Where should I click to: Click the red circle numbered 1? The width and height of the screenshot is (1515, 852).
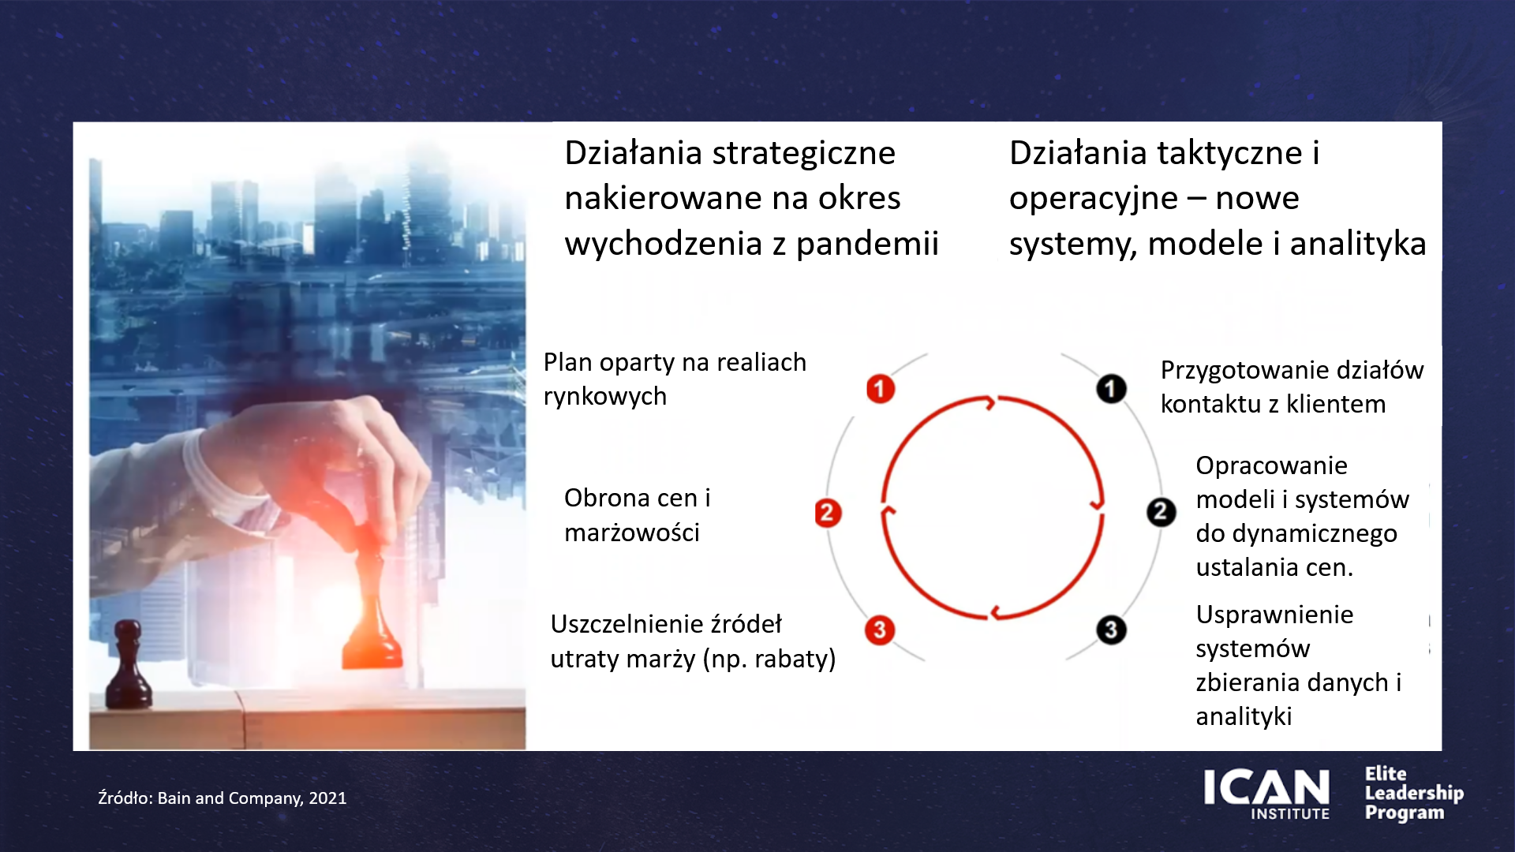pos(881,388)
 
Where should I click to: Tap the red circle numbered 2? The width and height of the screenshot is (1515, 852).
pos(828,513)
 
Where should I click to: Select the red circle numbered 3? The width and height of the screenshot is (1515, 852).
pos(880,630)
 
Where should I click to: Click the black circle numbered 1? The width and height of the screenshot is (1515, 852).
pos(1111,388)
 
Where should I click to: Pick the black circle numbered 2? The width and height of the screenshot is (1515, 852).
pos(1161,513)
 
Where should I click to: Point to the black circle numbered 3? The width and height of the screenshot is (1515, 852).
pos(1111,630)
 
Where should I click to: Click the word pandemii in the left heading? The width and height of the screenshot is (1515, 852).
pos(867,244)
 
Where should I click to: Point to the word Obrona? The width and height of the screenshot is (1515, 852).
pos(607,498)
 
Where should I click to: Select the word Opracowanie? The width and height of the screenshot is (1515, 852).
pos(1271,465)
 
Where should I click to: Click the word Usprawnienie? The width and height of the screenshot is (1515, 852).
pos(1274,615)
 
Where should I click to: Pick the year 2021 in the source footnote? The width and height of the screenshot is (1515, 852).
pos(327,798)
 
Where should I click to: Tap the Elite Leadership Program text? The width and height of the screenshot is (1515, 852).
pos(1414,793)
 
